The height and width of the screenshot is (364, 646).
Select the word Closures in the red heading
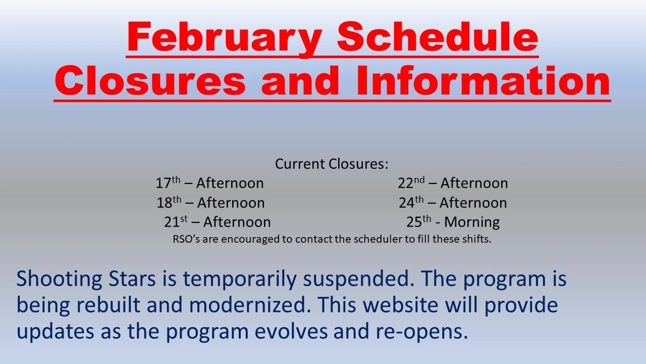[150, 80]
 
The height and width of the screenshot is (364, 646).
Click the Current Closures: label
[332, 164]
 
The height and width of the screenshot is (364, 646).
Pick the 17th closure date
[168, 183]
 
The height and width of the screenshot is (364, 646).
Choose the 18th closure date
[169, 202]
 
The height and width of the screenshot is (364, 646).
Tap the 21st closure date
[176, 221]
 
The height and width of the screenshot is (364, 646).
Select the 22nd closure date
[411, 183]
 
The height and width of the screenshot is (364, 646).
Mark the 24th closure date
[411, 202]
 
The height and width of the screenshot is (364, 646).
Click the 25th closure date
[419, 221]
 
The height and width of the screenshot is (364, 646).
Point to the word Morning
[472, 222]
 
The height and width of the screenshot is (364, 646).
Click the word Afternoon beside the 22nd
[474, 183]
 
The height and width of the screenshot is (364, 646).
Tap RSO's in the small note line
[186, 239]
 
